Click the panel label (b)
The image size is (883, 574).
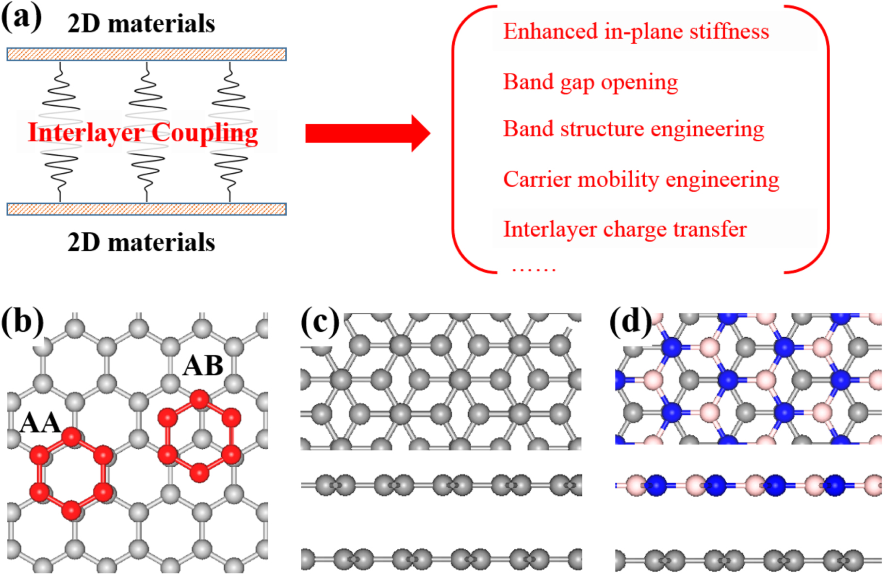pyautogui.click(x=22, y=322)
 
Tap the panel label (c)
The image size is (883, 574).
pyautogui.click(x=320, y=322)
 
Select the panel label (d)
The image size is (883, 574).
pyautogui.click(x=630, y=322)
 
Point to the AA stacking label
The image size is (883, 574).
pyautogui.click(x=40, y=423)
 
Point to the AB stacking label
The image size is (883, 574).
pyautogui.click(x=203, y=366)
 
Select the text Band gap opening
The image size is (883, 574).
pyautogui.click(x=590, y=82)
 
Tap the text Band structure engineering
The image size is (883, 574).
pyautogui.click(x=633, y=129)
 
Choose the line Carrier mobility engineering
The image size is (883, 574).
pyautogui.click(x=640, y=180)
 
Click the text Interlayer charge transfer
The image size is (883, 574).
pyautogui.click(x=624, y=229)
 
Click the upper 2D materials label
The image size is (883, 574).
pyautogui.click(x=141, y=24)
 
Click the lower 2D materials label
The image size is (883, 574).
pyautogui.click(x=141, y=243)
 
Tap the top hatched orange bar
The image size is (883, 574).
pyautogui.click(x=146, y=54)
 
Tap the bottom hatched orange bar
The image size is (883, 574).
pyautogui.click(x=146, y=209)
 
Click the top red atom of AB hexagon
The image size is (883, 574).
pyautogui.click(x=199, y=400)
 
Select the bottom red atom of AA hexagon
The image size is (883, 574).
pyautogui.click(x=71, y=510)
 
